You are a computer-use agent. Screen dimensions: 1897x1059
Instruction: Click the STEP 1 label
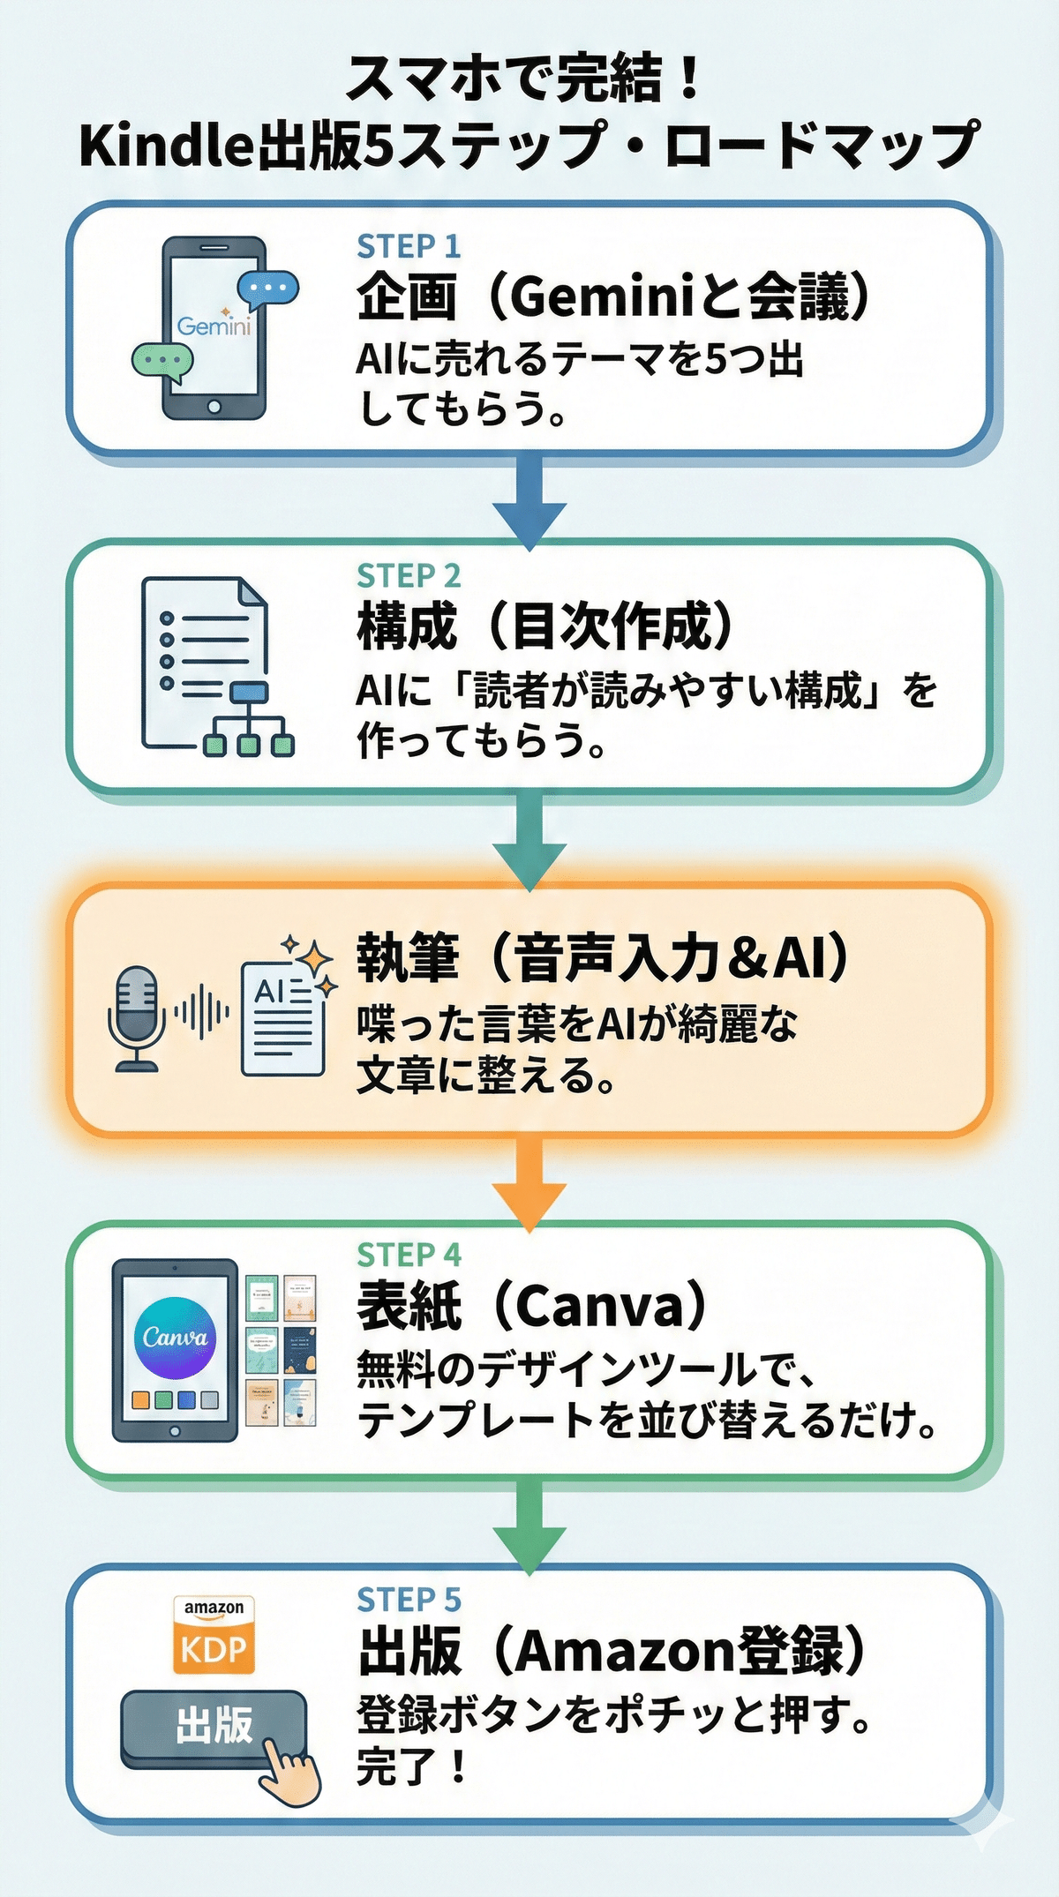[x=409, y=247]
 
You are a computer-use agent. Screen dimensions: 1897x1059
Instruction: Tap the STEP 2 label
[x=409, y=576]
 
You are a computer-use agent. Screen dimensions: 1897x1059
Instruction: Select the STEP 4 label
[x=409, y=1254]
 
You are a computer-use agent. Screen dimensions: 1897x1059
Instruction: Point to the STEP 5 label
[x=409, y=1599]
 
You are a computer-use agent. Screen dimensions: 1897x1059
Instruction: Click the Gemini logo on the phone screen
[x=214, y=326]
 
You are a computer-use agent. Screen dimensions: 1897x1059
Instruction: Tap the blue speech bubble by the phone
[x=268, y=288]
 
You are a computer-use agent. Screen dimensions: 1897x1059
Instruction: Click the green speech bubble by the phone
[x=162, y=361]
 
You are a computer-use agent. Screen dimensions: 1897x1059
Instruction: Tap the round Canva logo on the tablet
[x=175, y=1338]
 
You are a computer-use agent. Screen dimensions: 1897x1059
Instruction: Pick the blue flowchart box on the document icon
[x=249, y=692]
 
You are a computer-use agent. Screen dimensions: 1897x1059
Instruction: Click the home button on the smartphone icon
[x=214, y=407]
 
